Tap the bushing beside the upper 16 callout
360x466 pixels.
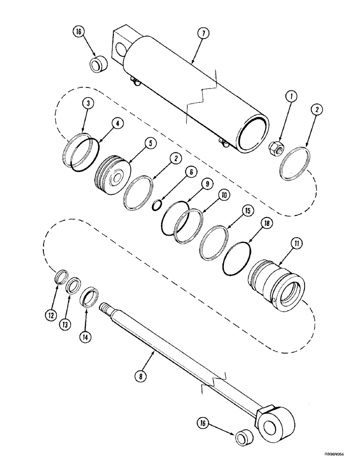coord(98,64)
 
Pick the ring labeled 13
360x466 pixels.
coord(73,285)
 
